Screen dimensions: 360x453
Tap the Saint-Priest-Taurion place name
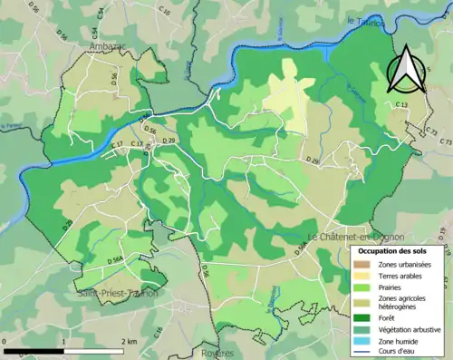[x=117, y=293]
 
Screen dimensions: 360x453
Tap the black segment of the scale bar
[x=33, y=349]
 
